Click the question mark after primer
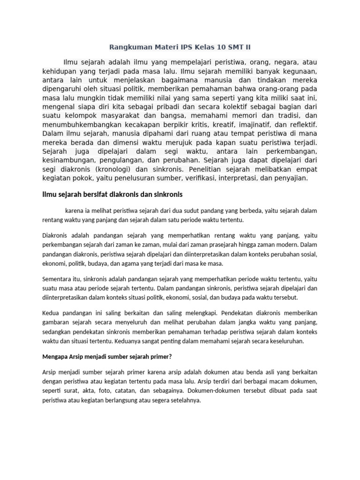(172, 356)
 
